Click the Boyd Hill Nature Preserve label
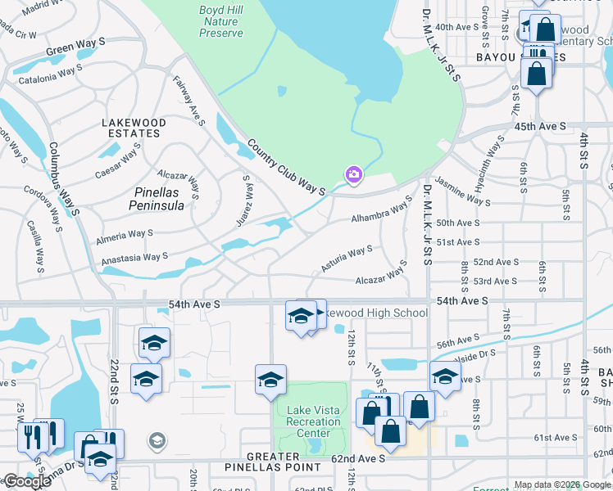click(221, 22)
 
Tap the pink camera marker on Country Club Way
click(354, 173)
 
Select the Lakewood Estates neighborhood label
click(134, 128)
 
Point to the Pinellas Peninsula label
click(157, 199)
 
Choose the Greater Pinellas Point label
click(273, 462)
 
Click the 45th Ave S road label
click(540, 126)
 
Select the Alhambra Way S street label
click(381, 211)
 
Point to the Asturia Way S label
click(347, 259)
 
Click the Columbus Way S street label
click(63, 179)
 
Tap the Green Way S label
click(75, 46)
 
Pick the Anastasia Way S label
click(134, 257)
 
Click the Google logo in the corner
click(27, 481)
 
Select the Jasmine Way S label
click(462, 191)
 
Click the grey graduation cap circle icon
click(157, 442)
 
